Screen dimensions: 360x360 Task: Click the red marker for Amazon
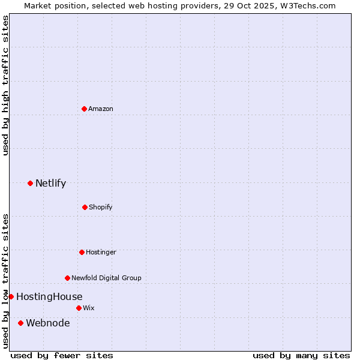[x=85, y=109]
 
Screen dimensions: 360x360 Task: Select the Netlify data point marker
[x=30, y=183]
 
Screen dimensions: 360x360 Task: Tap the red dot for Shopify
[x=85, y=207]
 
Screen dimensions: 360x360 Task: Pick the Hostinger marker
[x=82, y=252]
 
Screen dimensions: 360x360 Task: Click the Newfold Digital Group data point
[x=67, y=278]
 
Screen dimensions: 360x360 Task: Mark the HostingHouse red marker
[x=11, y=296]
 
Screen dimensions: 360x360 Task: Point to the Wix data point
[x=79, y=308]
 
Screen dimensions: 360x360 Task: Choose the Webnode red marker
[x=20, y=323]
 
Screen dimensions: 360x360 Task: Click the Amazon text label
[x=101, y=109]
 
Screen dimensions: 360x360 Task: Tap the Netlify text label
[x=50, y=183]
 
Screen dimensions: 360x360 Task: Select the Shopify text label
[x=101, y=207]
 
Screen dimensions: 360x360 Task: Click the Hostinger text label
[x=101, y=252]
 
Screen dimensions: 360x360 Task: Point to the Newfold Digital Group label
[x=106, y=278]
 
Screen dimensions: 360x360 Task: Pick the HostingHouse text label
[x=49, y=296]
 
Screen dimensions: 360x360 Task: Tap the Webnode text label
[x=47, y=323]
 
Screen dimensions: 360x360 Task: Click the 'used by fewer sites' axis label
[x=62, y=355]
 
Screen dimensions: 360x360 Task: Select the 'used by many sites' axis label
[x=301, y=355]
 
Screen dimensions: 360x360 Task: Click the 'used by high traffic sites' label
[x=5, y=85]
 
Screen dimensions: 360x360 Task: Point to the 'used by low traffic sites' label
[x=5, y=280]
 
